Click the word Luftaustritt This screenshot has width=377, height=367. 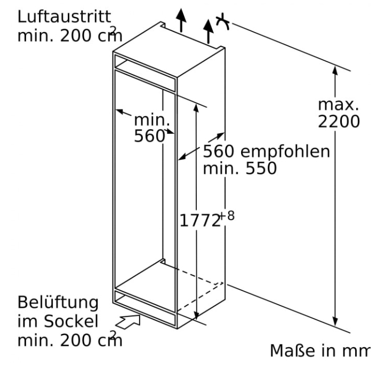(64, 17)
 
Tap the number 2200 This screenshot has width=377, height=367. (339, 122)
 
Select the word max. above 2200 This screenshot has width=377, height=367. (339, 105)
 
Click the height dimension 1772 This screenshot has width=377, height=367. (200, 220)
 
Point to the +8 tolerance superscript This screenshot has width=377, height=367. (227, 216)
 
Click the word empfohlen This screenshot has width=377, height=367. (285, 151)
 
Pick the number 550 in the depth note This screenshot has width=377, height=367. (261, 168)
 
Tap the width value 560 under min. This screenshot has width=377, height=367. (149, 136)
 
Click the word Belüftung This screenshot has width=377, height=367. (58, 303)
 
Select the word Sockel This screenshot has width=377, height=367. (71, 321)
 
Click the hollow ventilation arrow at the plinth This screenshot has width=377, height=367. (128, 321)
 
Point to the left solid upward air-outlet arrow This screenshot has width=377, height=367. (181, 20)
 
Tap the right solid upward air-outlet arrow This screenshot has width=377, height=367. (208, 31)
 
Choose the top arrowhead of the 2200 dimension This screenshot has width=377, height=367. (335, 71)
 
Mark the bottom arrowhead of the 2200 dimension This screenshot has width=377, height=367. (335, 321)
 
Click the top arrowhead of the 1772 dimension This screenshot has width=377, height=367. (196, 108)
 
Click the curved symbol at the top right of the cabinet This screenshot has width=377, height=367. (223, 22)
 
